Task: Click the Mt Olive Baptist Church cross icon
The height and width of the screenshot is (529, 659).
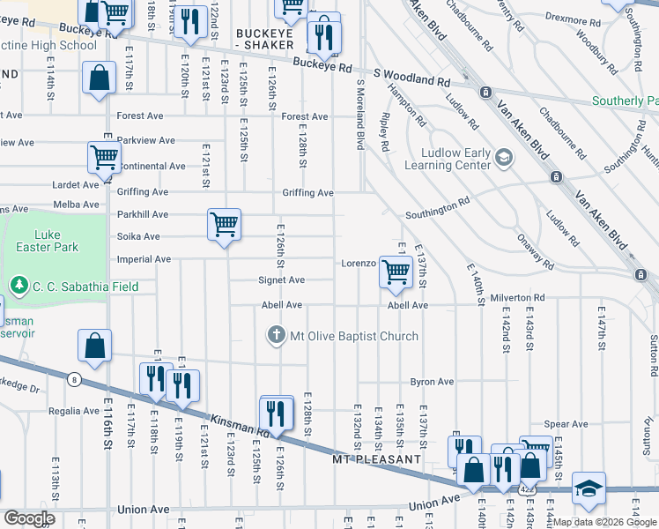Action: (x=277, y=336)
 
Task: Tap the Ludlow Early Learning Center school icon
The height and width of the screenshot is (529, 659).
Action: (x=503, y=157)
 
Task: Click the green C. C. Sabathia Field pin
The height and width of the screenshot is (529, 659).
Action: (x=19, y=286)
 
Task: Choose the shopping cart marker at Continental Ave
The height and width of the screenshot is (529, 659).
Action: (x=104, y=158)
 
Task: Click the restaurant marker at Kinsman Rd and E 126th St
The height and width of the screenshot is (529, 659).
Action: (x=277, y=413)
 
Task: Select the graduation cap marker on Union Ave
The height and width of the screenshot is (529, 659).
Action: (x=588, y=488)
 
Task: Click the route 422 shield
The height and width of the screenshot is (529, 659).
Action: (x=526, y=488)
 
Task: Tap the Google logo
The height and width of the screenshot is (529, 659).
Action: (x=28, y=518)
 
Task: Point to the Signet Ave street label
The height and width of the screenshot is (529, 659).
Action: (x=281, y=280)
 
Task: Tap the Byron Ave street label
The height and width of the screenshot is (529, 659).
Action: (x=432, y=382)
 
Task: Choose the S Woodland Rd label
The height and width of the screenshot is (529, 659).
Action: (x=411, y=80)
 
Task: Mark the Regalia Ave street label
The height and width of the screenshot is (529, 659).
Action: (x=74, y=411)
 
